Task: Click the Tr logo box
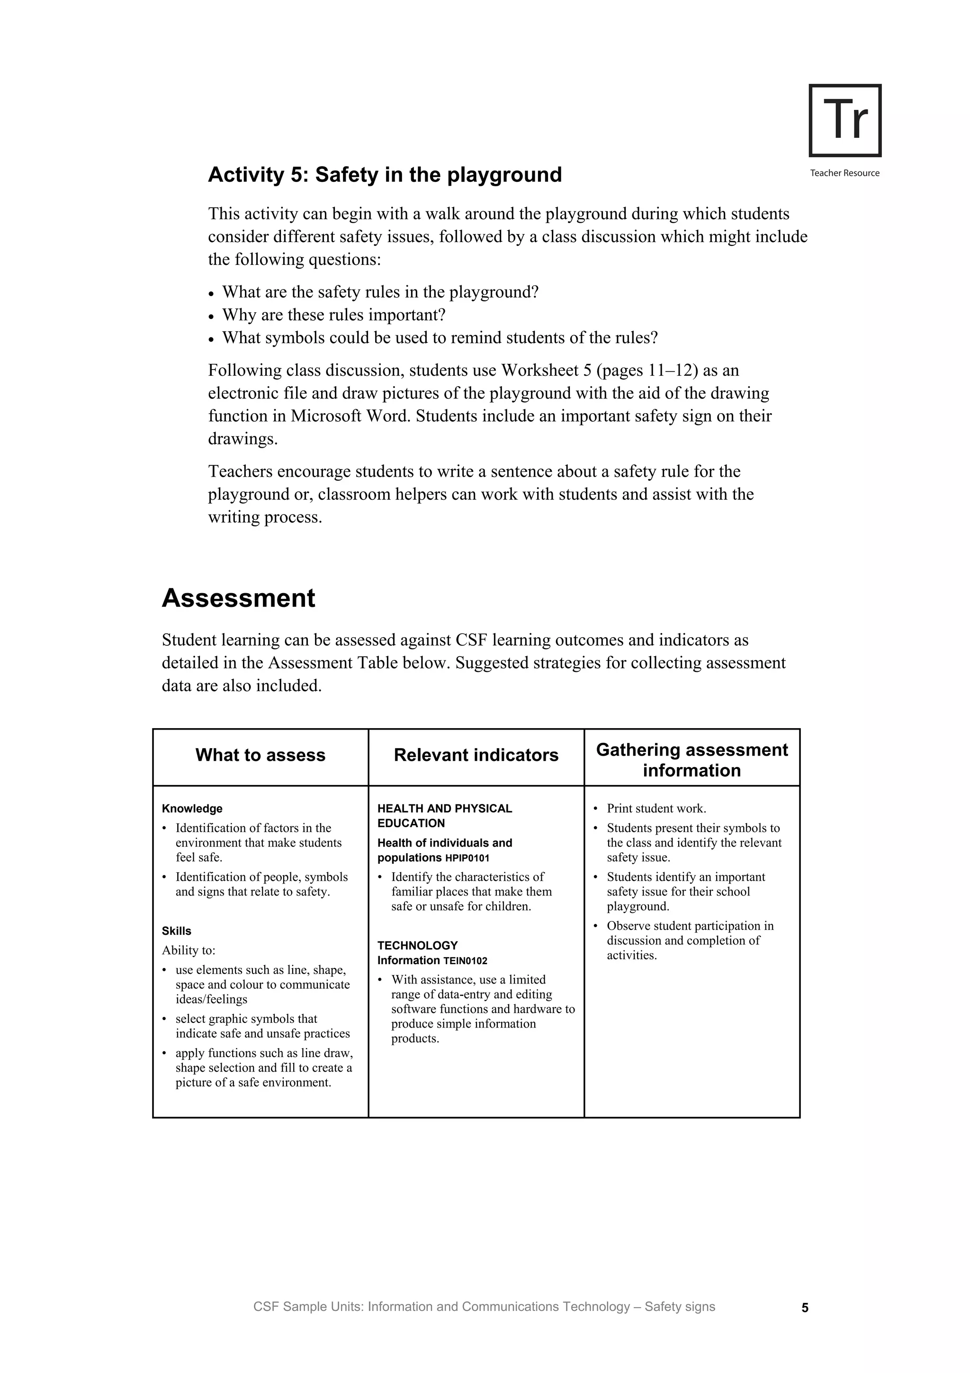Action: pos(844,120)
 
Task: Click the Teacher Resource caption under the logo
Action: pos(844,173)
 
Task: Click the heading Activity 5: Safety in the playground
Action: pos(385,175)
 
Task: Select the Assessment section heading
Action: pos(238,598)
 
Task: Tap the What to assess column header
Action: pos(260,755)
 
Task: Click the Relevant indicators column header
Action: pos(476,755)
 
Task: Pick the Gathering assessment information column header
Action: pos(692,760)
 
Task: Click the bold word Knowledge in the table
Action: pos(192,808)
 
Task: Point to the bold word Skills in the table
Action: pos(176,931)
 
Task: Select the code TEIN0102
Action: pos(465,961)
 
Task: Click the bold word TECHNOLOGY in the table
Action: pos(417,946)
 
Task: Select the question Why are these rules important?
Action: pos(334,315)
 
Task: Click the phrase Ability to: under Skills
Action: pos(188,950)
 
